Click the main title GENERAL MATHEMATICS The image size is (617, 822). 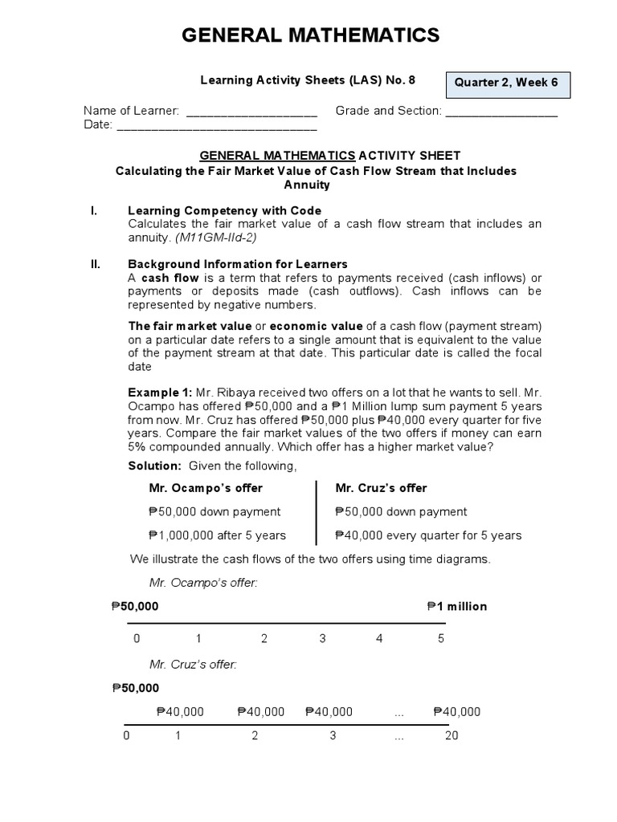pyautogui.click(x=310, y=35)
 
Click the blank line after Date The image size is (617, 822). pyautogui.click(x=216, y=127)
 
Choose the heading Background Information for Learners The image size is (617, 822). pyautogui.click(x=238, y=263)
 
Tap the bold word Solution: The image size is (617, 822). pyautogui.click(x=155, y=466)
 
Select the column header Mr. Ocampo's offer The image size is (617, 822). pyautogui.click(x=206, y=488)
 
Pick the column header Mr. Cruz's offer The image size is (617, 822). pyautogui.click(x=381, y=488)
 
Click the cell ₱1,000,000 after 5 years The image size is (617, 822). pyautogui.click(x=217, y=535)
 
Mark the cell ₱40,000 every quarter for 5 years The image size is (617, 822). pyautogui.click(x=428, y=535)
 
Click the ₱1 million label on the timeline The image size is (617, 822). pyautogui.click(x=457, y=606)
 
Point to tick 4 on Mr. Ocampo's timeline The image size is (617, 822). pyautogui.click(x=379, y=639)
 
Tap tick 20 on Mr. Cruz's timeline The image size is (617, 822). pyautogui.click(x=451, y=736)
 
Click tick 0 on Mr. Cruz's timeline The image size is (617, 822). pyautogui.click(x=126, y=736)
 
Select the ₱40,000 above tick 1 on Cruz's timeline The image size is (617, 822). pyautogui.click(x=180, y=711)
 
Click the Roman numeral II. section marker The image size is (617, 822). pyautogui.click(x=94, y=263)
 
